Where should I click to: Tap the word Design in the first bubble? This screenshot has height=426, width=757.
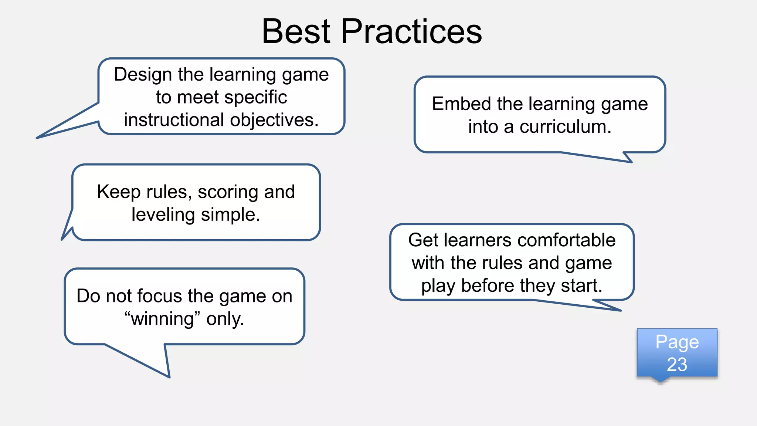(x=143, y=75)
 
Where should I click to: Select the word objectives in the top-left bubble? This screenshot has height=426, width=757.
(x=274, y=120)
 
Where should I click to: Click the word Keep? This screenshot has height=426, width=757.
(x=119, y=192)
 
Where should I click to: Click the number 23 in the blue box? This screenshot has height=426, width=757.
(x=677, y=365)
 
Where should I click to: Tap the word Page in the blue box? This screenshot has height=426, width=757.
(x=677, y=342)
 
